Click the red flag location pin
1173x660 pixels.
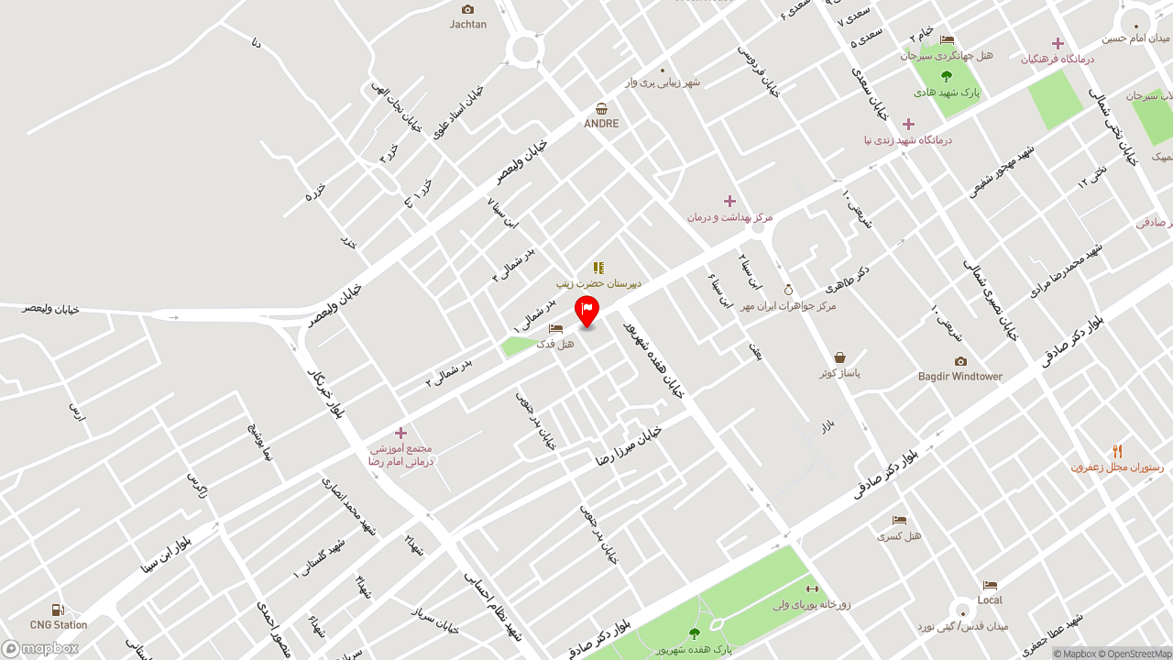(586, 311)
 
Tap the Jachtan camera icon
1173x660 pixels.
(468, 9)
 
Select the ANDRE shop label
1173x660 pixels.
(601, 124)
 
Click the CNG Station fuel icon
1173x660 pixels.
(58, 610)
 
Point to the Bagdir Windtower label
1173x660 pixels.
(960, 377)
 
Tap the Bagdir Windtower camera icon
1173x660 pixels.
(960, 361)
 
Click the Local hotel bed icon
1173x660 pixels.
(990, 585)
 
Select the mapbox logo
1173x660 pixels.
(40, 648)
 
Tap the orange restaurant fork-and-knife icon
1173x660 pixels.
(1117, 451)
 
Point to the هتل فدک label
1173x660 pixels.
(555, 344)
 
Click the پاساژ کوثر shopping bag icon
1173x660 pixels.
(839, 357)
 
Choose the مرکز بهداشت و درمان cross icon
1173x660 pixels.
(729, 201)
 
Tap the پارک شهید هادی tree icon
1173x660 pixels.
(947, 77)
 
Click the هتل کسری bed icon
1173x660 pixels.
(899, 520)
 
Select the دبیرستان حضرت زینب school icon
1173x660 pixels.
(598, 268)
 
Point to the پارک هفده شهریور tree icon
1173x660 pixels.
(694, 633)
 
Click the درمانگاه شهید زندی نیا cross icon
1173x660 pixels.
(908, 124)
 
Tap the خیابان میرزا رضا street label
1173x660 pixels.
(629, 445)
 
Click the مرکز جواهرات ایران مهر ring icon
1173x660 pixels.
(788, 290)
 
